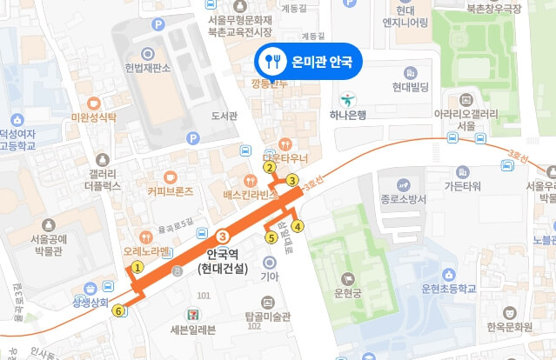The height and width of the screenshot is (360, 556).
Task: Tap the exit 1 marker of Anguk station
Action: click(x=137, y=267)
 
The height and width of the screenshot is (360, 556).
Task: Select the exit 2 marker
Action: click(x=270, y=168)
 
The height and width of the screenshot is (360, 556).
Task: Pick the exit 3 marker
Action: click(x=291, y=180)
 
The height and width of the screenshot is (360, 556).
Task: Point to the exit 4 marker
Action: click(x=298, y=227)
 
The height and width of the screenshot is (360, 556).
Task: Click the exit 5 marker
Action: click(x=271, y=237)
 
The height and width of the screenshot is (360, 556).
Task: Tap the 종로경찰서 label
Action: click(x=403, y=198)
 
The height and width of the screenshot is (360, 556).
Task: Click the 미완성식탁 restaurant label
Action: click(x=94, y=116)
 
